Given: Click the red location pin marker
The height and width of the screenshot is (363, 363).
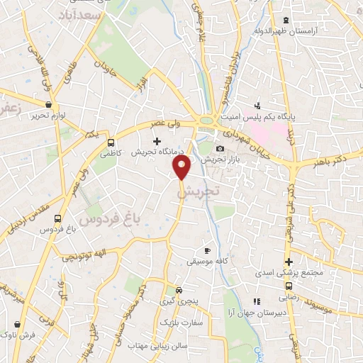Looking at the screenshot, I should (x=182, y=167).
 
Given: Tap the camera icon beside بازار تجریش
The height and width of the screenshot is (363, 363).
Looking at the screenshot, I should (x=220, y=148).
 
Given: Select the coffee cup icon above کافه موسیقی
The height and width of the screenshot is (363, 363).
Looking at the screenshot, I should (x=207, y=250).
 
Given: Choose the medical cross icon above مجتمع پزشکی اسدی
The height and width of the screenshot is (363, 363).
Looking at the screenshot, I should (x=289, y=261).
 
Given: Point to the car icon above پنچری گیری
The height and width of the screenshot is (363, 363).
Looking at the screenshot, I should (x=179, y=290).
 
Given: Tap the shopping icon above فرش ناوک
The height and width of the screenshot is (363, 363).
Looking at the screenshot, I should (x=15, y=322).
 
